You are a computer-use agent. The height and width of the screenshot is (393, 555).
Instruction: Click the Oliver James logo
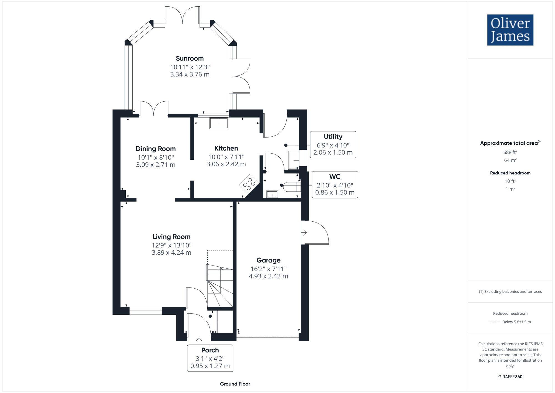point(510,30)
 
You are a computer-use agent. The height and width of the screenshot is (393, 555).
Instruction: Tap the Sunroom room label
point(190,58)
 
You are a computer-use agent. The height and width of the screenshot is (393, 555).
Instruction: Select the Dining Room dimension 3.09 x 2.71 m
point(156,165)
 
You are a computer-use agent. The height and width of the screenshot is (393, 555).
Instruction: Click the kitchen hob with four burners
point(249,184)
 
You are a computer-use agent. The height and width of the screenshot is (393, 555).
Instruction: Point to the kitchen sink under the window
point(219,123)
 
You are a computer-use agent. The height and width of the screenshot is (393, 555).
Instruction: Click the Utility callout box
point(333,145)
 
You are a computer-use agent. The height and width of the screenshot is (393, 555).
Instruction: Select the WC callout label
point(335,177)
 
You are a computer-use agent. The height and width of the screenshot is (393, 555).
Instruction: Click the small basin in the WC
point(272,194)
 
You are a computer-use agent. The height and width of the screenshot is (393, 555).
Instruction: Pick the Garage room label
point(268,260)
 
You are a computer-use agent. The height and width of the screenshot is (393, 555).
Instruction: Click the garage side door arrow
point(304,232)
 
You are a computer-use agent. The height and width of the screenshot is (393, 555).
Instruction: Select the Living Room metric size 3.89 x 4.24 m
point(171,252)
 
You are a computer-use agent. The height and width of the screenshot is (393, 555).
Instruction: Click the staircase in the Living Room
point(220,286)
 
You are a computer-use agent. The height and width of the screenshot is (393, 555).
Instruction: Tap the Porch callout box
point(210,358)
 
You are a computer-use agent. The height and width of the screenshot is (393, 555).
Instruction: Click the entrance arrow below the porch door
point(199,340)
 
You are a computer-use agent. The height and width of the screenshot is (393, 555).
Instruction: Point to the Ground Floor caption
point(235,384)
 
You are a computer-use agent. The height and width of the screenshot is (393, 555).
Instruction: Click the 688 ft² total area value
point(510,152)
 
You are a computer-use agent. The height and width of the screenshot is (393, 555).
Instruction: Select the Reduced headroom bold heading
point(510,173)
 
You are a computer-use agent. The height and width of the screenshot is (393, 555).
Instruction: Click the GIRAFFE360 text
point(510,377)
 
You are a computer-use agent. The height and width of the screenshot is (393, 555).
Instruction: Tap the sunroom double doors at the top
point(182,15)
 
